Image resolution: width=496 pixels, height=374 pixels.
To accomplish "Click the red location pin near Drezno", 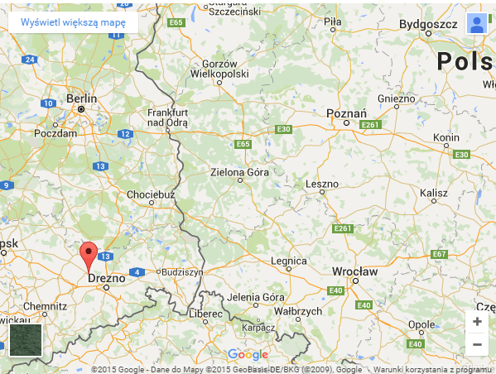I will (x=88, y=256).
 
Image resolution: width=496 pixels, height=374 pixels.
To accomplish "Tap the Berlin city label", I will (x=81, y=98).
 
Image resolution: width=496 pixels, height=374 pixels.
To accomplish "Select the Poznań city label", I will (x=347, y=113).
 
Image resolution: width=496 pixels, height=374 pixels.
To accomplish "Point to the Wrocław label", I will (x=354, y=271).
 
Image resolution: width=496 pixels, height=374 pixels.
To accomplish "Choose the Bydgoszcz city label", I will (x=428, y=25).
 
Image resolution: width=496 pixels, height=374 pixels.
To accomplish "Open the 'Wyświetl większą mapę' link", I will (x=74, y=22).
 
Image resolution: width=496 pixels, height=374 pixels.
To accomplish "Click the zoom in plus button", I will (x=477, y=322).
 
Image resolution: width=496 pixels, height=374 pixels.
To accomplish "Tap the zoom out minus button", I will (x=477, y=344).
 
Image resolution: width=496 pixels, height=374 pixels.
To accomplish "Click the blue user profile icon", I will (x=476, y=24).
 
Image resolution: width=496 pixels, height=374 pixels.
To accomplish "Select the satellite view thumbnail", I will (x=25, y=340).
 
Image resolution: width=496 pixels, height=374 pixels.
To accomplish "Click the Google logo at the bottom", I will (x=248, y=354).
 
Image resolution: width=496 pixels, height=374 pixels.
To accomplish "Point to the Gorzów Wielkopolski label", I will (x=219, y=70).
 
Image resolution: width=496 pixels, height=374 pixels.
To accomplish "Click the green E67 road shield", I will (x=439, y=253).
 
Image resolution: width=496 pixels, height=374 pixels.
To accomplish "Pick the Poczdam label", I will (x=55, y=132).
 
